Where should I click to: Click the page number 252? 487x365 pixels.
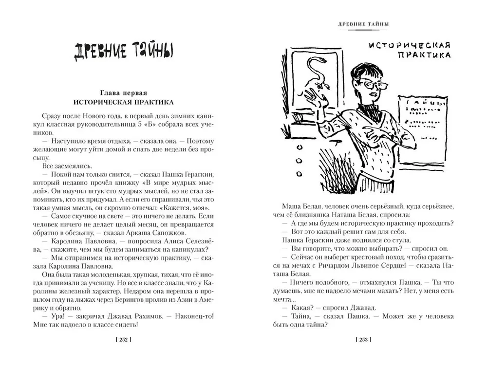[123, 340]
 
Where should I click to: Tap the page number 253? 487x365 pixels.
[364, 340]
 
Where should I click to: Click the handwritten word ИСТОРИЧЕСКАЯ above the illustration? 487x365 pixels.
[408, 45]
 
